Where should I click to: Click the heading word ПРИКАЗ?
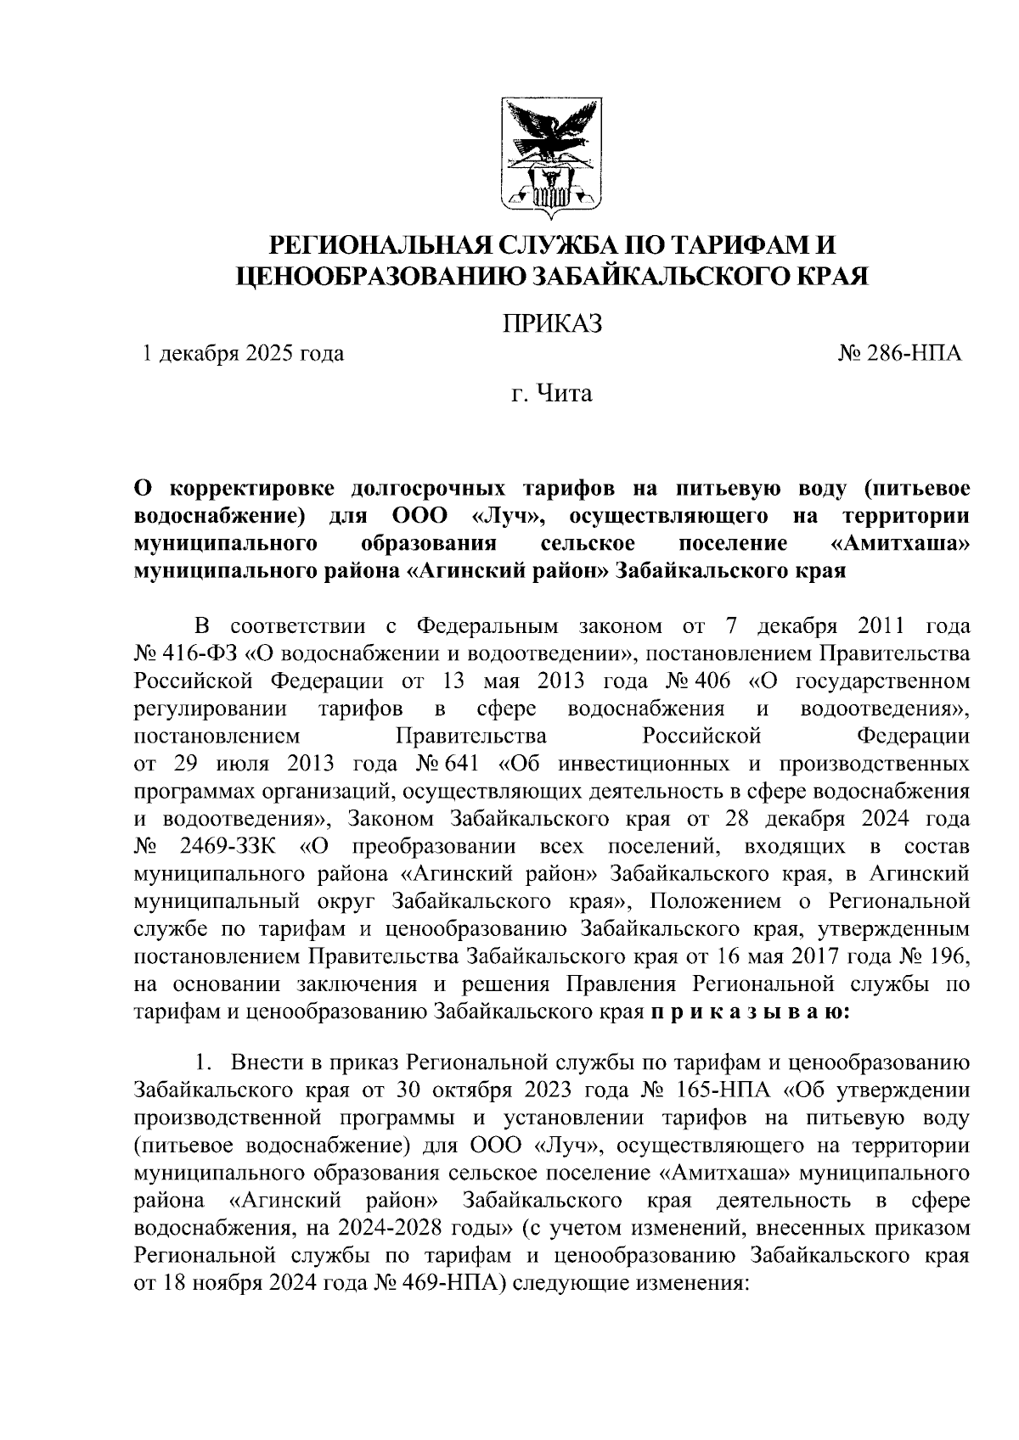tap(551, 323)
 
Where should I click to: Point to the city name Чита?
tap(564, 395)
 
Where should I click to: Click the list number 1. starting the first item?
tap(203, 1063)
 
